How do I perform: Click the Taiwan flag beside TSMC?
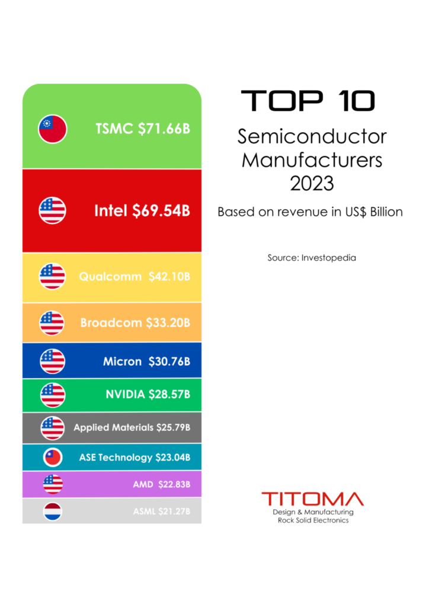point(52,129)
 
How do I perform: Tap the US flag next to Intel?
point(52,210)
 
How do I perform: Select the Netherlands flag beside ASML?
point(52,512)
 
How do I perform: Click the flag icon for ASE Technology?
point(52,458)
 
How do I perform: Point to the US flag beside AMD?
point(52,484)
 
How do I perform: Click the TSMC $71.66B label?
point(143,129)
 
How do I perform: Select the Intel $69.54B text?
point(142,210)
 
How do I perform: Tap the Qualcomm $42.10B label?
point(135,277)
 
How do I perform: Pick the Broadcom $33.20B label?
point(135,323)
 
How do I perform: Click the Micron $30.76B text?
point(146,362)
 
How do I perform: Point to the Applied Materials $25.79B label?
point(132,427)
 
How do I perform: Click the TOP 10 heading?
point(308,101)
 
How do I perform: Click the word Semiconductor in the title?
point(312,137)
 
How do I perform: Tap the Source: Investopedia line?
point(312,258)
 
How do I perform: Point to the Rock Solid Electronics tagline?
point(313,520)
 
